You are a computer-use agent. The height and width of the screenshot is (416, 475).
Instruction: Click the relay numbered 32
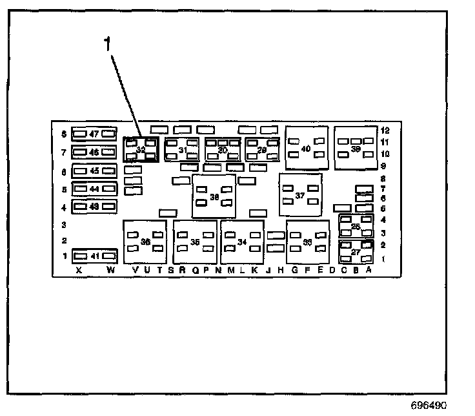(x=141, y=150)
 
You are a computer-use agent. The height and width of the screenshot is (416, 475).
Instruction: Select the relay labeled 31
(x=182, y=150)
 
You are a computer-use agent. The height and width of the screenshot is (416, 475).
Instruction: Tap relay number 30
(x=223, y=150)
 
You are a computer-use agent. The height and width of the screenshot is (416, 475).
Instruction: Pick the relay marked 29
(x=262, y=150)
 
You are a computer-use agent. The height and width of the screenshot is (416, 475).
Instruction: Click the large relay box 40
(x=306, y=148)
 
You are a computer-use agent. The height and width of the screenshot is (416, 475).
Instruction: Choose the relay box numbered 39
(x=355, y=147)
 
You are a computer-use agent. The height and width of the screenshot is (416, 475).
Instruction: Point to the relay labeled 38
(x=214, y=196)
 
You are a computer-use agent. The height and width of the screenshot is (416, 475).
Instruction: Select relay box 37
(x=300, y=195)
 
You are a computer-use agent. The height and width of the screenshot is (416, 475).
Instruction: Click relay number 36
(x=145, y=242)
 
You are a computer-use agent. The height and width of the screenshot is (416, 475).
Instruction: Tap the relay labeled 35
(x=195, y=242)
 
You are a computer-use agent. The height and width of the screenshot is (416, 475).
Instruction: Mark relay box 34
(x=242, y=242)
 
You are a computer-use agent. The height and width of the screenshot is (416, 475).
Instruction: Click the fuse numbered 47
(x=94, y=134)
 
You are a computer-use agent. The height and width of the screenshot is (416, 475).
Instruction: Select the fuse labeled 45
(x=94, y=171)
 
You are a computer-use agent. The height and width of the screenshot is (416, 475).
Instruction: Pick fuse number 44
(x=94, y=189)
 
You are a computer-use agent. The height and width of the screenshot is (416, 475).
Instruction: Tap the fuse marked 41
(x=94, y=256)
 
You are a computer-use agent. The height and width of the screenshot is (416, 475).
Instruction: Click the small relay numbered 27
(x=356, y=252)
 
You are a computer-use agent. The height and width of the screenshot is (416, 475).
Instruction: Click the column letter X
(x=79, y=271)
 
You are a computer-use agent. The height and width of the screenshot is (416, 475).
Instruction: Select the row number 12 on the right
(x=385, y=130)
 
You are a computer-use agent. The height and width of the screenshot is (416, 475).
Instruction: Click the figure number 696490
(x=428, y=406)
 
